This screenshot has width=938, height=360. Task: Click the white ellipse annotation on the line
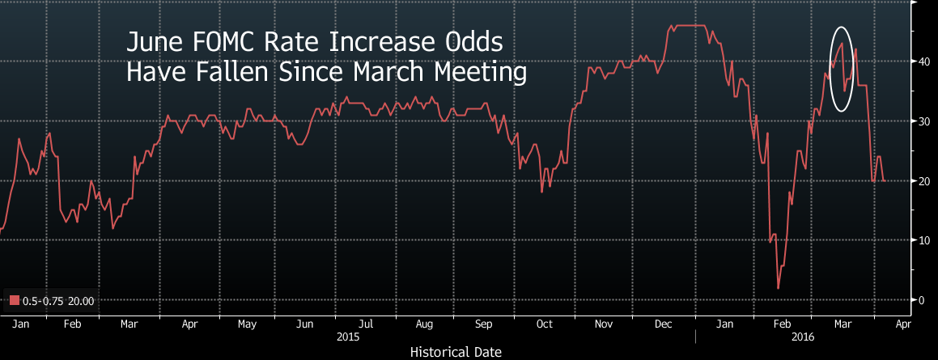[842, 69]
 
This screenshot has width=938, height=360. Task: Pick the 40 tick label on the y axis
[921, 61]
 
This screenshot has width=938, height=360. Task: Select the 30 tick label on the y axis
[921, 121]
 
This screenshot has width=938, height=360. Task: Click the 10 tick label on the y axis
[921, 240]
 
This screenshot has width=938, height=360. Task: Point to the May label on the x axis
[247, 324]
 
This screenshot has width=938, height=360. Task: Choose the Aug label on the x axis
[424, 324]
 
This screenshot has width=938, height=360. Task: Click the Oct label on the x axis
[544, 324]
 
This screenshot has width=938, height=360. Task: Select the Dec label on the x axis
[664, 324]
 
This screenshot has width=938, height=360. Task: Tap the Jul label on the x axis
[365, 324]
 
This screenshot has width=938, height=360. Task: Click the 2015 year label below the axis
[350, 335]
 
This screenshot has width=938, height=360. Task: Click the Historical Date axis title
[456, 352]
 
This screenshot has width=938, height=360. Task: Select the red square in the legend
[14, 302]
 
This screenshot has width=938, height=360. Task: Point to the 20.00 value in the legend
[82, 302]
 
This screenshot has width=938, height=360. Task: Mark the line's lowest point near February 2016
[778, 288]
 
